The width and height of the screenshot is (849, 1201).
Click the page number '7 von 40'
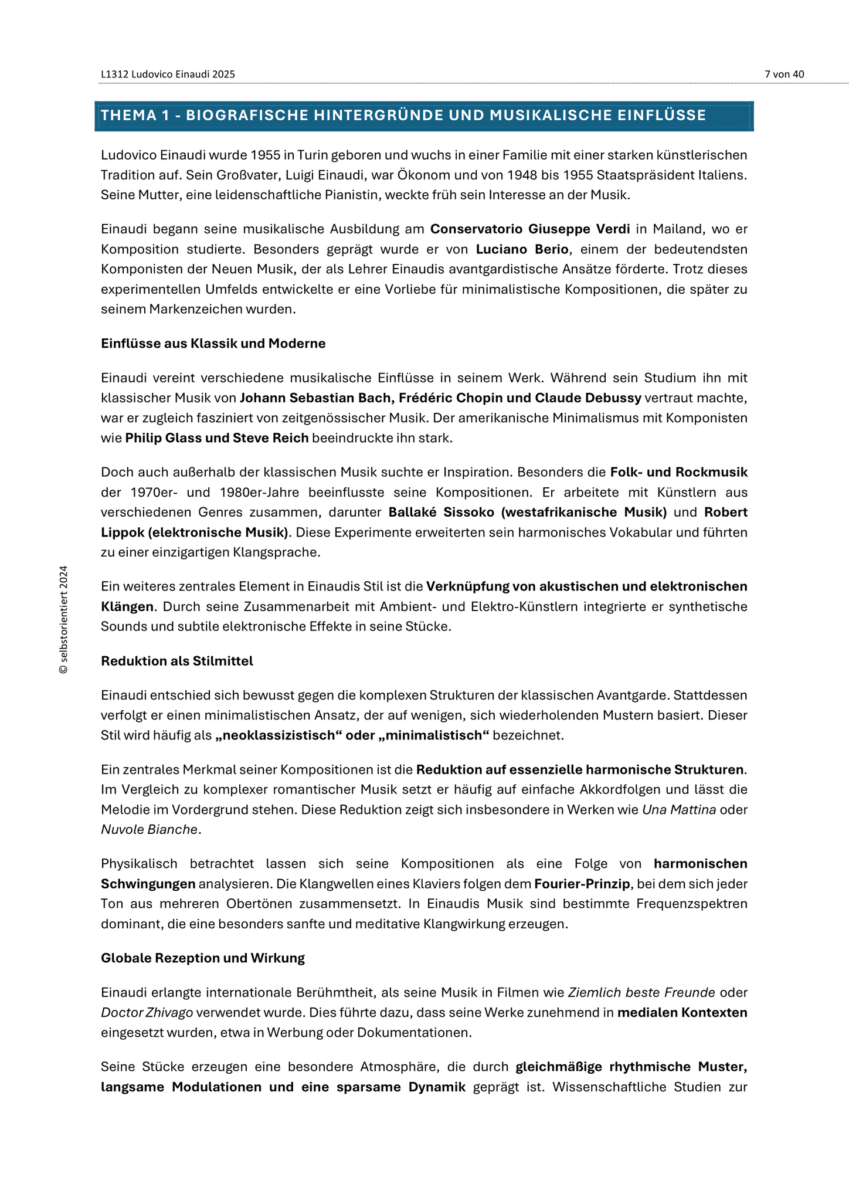coord(784,74)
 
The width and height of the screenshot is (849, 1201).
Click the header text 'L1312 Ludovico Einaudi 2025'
coord(168,74)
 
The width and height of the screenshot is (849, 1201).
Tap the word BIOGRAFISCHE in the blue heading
coord(247,116)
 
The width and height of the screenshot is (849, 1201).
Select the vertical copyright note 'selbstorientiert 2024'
coord(64,620)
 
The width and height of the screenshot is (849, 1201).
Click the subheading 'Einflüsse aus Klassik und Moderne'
coord(213,343)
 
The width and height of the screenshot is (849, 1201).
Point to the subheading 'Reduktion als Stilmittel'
coord(176,661)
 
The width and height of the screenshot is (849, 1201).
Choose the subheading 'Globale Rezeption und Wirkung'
coord(202,958)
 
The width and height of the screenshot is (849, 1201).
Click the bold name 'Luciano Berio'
coord(522,249)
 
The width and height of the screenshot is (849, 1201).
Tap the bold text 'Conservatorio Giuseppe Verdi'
coord(530,229)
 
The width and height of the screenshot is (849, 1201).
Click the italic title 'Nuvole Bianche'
coord(149,830)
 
